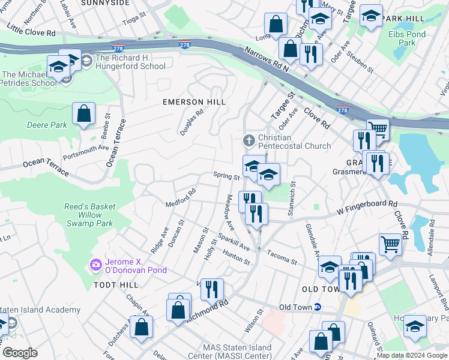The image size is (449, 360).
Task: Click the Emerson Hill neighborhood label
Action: (194, 102)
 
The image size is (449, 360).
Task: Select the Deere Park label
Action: (47, 125)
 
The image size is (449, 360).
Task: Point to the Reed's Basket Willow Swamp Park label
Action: (90, 215)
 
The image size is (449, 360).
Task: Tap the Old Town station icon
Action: (318, 307)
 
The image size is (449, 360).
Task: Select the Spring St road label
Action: (226, 176)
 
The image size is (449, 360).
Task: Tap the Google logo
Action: (20, 353)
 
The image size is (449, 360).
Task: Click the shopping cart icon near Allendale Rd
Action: (390, 244)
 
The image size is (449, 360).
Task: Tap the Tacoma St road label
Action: (282, 257)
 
